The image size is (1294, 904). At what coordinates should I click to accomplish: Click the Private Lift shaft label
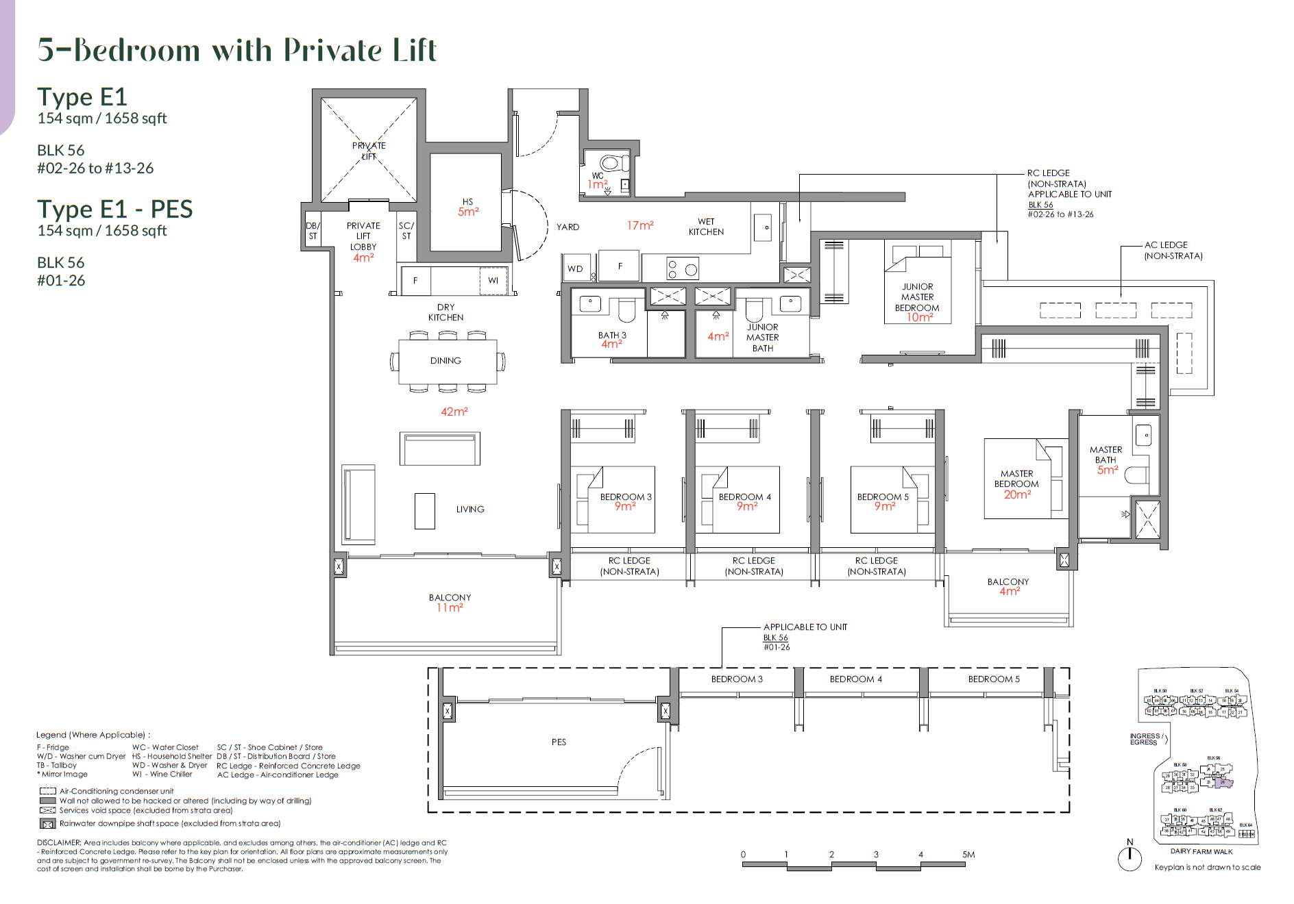369,151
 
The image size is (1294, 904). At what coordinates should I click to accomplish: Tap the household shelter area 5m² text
468,212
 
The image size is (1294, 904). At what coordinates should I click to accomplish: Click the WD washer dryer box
576,268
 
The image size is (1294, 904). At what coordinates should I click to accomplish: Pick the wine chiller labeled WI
493,281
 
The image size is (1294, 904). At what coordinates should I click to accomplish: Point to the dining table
447,361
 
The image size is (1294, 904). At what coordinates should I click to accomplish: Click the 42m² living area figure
454,412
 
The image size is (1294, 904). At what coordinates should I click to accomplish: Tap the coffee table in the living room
424,511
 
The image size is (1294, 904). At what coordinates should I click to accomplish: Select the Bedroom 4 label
744,497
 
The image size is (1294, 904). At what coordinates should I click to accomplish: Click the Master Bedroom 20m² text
1017,494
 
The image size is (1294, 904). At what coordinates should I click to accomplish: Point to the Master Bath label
1106,455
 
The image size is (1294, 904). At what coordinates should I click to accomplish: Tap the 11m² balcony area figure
450,608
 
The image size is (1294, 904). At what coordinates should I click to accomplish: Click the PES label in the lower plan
559,742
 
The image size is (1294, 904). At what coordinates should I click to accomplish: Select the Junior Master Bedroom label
917,297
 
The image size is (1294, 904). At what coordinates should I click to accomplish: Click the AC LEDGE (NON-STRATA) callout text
1173,250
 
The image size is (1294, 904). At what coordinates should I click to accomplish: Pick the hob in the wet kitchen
682,269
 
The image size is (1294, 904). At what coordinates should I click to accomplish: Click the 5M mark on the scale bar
967,855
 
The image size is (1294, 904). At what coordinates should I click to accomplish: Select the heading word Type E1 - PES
114,209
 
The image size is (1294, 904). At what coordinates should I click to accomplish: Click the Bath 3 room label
611,335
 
